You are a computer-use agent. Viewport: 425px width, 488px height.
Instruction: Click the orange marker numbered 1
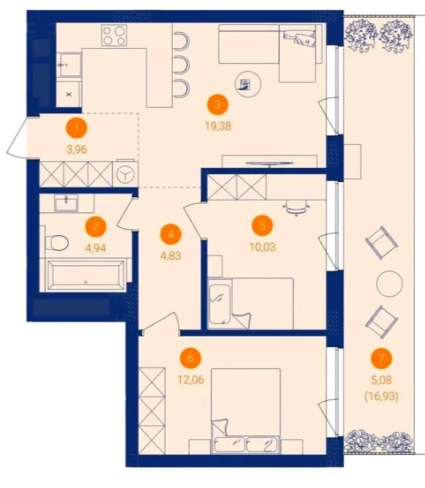[x=77, y=128]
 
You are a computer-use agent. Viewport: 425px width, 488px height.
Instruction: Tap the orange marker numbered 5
[x=262, y=225]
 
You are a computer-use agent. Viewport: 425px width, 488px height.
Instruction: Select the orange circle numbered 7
[x=381, y=358]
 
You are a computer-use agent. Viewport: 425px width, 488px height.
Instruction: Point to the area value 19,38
[x=218, y=126]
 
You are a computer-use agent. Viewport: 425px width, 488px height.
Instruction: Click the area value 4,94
[x=96, y=248]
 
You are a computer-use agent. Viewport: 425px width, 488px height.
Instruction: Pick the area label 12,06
[x=191, y=380]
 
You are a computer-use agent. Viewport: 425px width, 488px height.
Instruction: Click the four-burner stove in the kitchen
[x=114, y=35]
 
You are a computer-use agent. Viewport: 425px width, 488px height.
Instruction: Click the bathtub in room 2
[x=86, y=275]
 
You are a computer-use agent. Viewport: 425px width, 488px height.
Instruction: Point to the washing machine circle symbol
[x=125, y=175]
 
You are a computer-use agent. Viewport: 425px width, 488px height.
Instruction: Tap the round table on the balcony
[x=389, y=284]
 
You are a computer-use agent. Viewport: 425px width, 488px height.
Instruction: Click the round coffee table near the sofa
[x=248, y=84]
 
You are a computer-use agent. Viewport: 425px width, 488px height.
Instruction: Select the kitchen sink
[x=70, y=65]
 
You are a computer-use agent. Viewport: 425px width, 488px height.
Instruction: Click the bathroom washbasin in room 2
[x=66, y=204]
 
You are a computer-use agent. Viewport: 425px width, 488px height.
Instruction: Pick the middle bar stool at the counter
[x=181, y=65]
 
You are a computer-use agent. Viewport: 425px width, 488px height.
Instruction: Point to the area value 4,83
[x=170, y=256]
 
